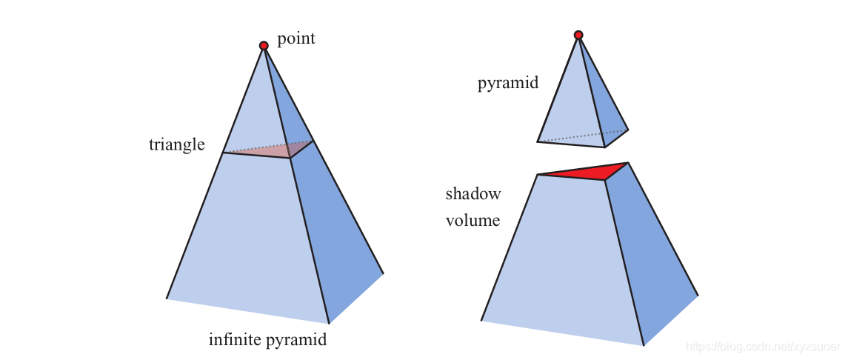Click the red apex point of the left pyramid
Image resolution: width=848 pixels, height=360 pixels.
(264, 46)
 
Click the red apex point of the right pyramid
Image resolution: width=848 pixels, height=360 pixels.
(578, 35)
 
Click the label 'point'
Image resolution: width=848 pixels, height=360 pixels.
(296, 39)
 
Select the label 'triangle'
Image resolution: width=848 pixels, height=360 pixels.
(176, 144)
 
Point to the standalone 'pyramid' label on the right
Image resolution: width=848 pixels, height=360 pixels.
(508, 83)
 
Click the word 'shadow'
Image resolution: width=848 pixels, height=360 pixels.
(473, 194)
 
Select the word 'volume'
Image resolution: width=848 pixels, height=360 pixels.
(473, 221)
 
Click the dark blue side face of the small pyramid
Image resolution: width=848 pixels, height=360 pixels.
(605, 107)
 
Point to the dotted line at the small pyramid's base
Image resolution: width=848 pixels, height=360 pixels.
(578, 137)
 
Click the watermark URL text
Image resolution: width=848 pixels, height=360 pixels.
(762, 347)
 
